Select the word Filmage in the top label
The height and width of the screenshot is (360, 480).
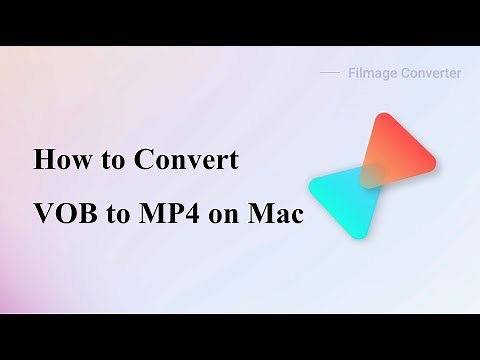click(x=371, y=73)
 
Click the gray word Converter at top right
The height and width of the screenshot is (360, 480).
click(x=430, y=73)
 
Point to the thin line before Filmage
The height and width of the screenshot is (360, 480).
click(x=330, y=73)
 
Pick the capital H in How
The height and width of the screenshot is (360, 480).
click(x=43, y=160)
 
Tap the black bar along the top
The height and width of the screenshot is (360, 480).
click(x=240, y=22)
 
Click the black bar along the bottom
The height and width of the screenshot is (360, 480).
click(x=240, y=337)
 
